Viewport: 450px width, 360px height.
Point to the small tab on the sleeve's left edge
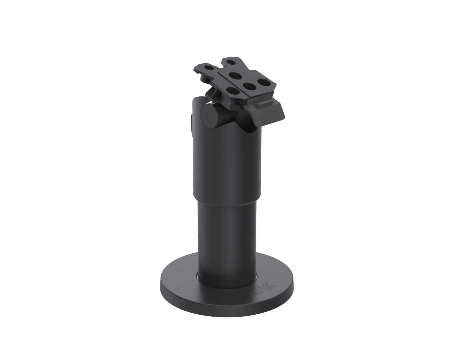191,125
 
